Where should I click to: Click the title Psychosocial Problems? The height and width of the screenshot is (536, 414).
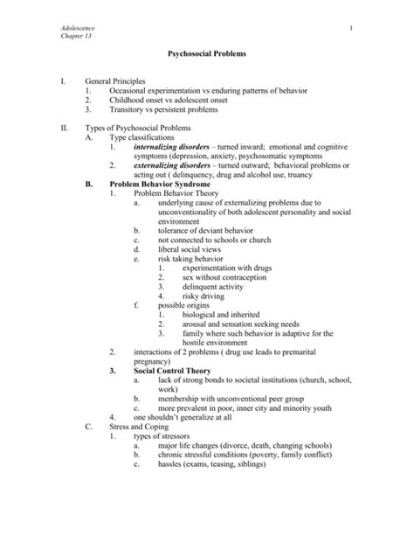[206, 54]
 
